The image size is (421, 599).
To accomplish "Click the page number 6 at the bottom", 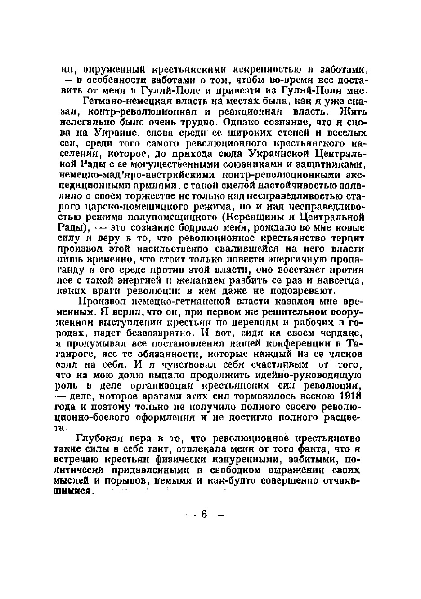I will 204,514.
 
